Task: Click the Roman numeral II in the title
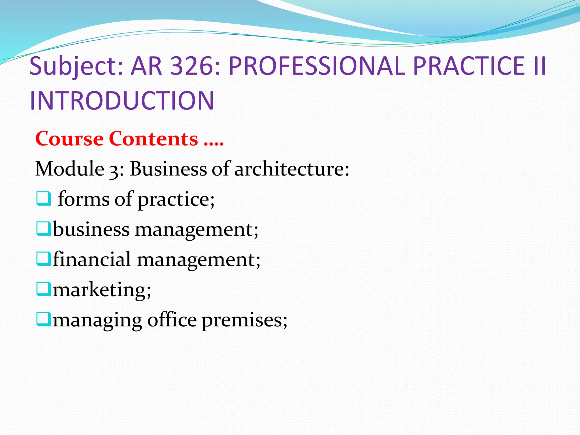tap(539, 66)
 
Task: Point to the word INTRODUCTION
tap(122, 101)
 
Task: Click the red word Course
tap(69, 139)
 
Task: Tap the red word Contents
tap(153, 139)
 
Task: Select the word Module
tap(69, 169)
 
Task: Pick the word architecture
tap(292, 169)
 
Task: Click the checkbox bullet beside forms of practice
tap(44, 199)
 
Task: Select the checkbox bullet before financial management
tap(44, 259)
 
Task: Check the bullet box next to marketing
tap(44, 289)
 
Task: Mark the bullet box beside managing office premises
tap(44, 319)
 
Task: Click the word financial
tap(92, 259)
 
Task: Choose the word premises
tap(244, 320)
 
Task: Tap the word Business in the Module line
tap(168, 169)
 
